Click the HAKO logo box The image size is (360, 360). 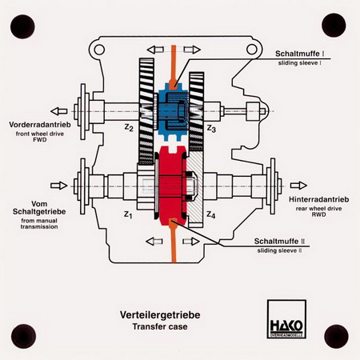pos(286,319)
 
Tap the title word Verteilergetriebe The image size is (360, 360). pos(160,315)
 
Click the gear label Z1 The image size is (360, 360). pos(128,214)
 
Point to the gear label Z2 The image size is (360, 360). pos(129,128)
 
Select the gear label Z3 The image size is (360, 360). pos(211,129)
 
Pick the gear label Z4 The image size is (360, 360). pos(210,214)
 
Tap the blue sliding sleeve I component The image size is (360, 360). pos(174,111)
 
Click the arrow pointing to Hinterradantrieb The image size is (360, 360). pos(298,186)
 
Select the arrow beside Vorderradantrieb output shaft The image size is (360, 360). pos(59,111)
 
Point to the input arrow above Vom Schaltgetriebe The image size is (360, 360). pos(59,186)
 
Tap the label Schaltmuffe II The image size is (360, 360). pos(279,242)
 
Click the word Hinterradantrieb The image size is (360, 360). pos(319,199)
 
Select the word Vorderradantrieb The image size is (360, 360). pos(40,125)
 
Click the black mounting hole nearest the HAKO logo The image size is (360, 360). pos(336,336)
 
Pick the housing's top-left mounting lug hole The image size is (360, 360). pos(99,50)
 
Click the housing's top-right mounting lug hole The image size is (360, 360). pos(252,50)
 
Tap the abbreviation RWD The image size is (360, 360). pos(318,214)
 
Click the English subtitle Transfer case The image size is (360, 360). pos(160,326)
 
